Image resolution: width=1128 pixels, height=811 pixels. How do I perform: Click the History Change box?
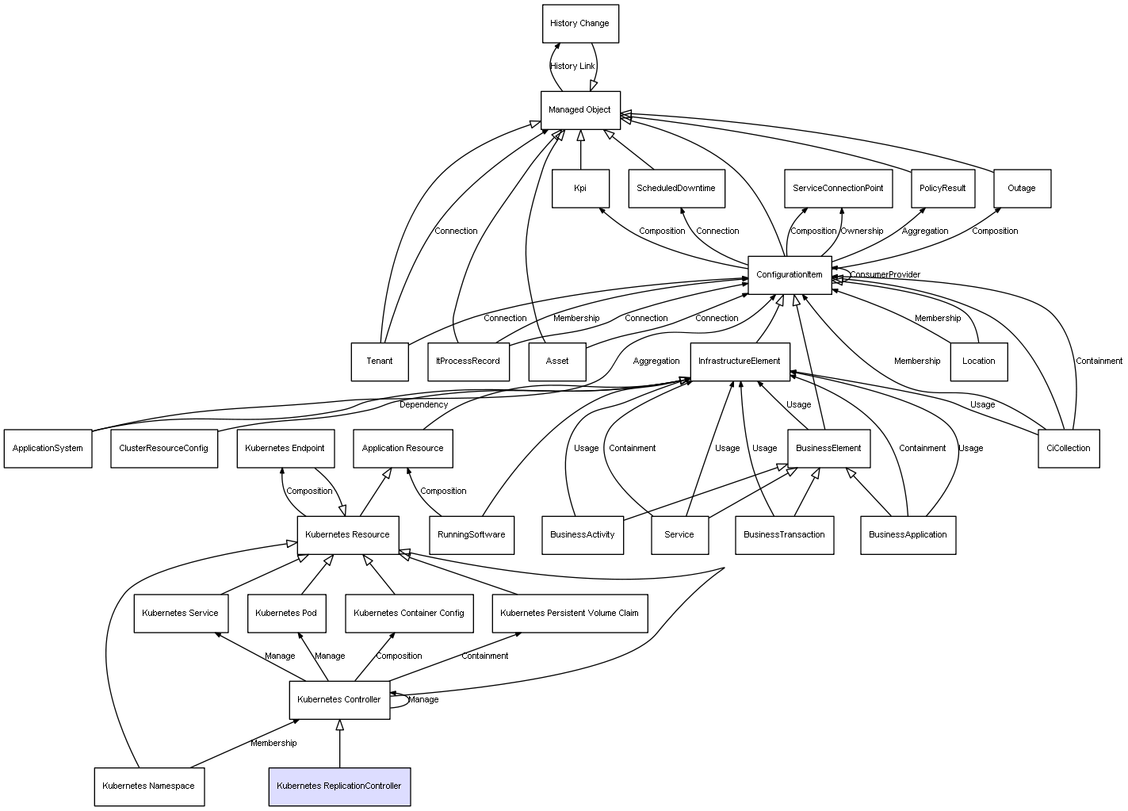tap(579, 24)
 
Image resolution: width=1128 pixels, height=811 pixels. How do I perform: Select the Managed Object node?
tap(579, 110)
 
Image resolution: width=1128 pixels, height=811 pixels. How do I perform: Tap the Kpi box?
tap(579, 189)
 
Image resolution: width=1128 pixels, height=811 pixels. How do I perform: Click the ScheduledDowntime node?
tap(675, 189)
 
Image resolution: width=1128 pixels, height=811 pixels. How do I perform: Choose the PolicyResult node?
tap(942, 189)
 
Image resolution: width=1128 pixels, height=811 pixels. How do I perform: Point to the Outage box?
tap(1021, 189)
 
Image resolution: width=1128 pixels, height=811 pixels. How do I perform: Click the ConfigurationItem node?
tap(789, 275)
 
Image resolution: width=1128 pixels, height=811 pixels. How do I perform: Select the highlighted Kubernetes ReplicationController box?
tap(338, 786)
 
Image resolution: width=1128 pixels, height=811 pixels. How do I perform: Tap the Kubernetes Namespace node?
tap(148, 786)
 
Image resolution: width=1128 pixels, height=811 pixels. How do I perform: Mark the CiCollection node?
tap(1068, 449)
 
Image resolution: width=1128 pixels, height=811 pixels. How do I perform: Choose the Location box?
tap(978, 362)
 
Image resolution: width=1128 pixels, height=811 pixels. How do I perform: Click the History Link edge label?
tap(572, 67)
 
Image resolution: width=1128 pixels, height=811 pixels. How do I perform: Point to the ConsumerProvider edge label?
tap(885, 275)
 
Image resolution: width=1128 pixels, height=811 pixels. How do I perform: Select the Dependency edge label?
tap(423, 405)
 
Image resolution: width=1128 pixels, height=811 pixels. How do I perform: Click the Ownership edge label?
tap(862, 231)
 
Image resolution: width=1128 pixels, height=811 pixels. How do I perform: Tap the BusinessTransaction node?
tap(783, 535)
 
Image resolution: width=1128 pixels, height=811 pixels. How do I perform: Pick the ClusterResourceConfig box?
tap(163, 449)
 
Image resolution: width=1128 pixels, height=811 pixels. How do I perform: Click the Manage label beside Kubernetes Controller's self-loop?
tap(423, 700)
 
